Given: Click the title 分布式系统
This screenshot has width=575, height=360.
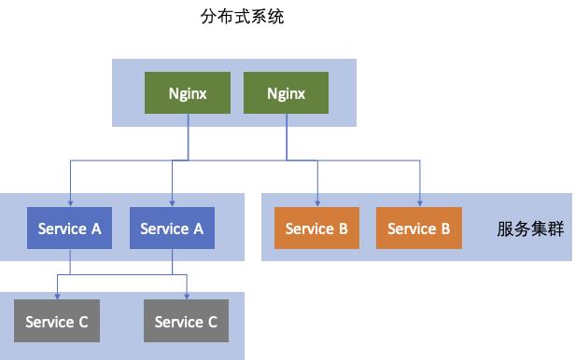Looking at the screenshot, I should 243,17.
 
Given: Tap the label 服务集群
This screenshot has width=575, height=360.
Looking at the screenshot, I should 530,228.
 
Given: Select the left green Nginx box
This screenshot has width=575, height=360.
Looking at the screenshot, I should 188,93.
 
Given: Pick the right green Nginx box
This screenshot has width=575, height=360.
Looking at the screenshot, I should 286,93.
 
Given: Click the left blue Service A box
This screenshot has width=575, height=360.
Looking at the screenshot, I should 69,228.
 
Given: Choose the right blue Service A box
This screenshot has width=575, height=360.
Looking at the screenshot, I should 171,228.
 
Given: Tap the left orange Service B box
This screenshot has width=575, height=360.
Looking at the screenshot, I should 317,228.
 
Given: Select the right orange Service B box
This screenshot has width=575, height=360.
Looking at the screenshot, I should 419,228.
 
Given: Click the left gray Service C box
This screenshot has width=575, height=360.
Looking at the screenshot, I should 57,322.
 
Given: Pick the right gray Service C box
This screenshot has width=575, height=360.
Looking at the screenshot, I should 186,322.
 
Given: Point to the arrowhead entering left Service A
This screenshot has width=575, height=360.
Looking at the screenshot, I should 70,203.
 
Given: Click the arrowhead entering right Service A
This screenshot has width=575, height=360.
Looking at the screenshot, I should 172,203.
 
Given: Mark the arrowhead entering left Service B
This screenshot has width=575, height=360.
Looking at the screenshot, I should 318,203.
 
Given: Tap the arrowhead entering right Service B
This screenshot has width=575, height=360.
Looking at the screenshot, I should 420,203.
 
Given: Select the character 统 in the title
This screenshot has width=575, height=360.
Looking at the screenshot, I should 276,17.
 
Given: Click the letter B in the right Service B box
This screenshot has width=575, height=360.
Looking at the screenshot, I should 444,228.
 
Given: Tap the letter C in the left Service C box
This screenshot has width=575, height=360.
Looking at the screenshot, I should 82,322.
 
